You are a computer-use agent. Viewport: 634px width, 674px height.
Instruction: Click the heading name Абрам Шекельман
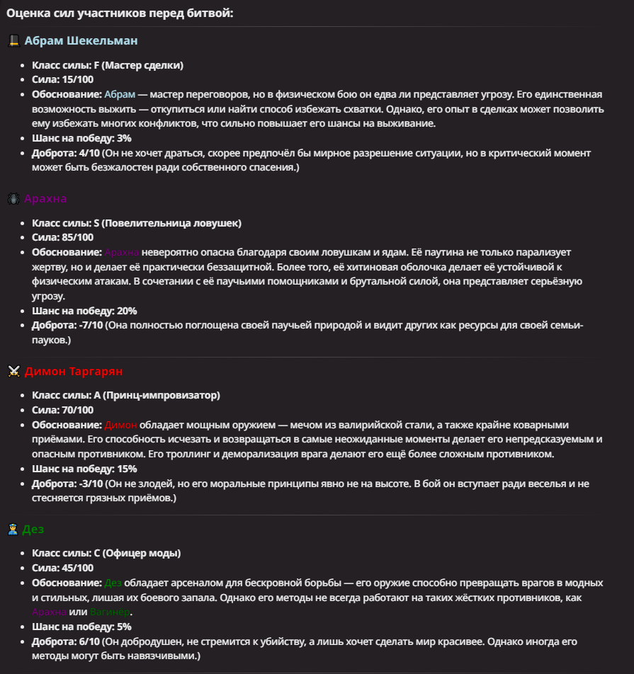coord(81,40)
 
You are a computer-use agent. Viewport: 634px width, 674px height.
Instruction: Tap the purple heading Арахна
coord(45,198)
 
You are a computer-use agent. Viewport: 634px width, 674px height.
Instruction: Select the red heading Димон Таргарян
coord(74,371)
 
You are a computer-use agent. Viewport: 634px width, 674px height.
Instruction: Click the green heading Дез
coord(34,529)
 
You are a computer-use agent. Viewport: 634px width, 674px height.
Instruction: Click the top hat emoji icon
coord(13,40)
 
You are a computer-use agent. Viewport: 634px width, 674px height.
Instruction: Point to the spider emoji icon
coord(13,199)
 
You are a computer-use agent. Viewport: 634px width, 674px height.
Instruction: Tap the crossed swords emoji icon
coord(13,372)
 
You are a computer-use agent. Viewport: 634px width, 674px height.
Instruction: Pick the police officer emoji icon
coord(13,530)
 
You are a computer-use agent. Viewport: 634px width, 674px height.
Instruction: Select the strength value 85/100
coord(77,237)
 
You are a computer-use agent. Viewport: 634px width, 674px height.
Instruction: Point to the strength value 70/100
coord(77,410)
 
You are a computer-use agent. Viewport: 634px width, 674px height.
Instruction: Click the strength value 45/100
coord(77,568)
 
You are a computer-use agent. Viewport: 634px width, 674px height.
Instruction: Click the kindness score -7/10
coord(88,325)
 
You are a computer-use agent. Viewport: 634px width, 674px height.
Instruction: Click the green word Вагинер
coord(111,612)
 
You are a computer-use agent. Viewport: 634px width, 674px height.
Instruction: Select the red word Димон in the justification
coord(120,425)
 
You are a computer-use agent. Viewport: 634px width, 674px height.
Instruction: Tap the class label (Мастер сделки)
coord(142,65)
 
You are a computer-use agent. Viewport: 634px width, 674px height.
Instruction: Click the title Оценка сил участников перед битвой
coord(120,13)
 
